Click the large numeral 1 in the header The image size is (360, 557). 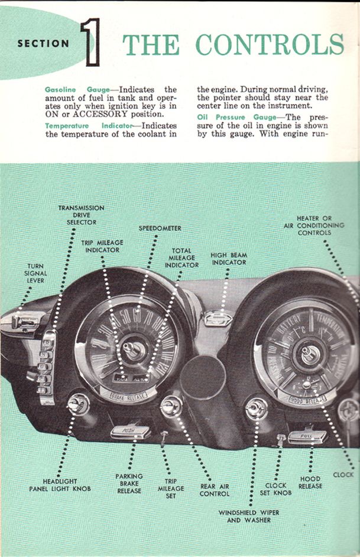tap(92, 42)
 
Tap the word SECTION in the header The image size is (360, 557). tap(43, 43)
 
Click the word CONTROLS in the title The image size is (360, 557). tap(270, 44)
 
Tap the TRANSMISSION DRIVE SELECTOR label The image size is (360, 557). tap(81, 215)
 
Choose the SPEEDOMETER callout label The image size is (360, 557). tap(160, 228)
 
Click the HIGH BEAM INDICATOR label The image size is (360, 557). tap(229, 258)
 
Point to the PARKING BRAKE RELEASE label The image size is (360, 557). tap(128, 483)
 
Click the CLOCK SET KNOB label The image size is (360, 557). tap(275, 489)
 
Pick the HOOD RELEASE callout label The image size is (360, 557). tap(310, 482)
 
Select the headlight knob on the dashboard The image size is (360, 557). tap(77, 404)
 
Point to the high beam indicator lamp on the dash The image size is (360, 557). tap(218, 318)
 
